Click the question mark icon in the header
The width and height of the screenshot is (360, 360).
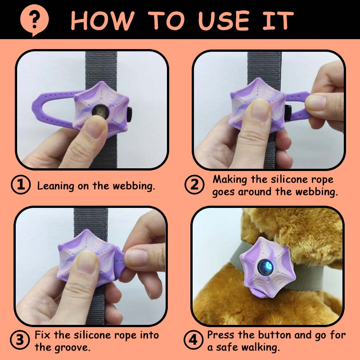tap(35, 20)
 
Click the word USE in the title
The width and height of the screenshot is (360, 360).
tap(224, 21)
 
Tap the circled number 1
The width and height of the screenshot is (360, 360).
tap(21, 185)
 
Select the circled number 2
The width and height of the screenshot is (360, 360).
tap(194, 185)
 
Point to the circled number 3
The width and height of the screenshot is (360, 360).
tap(20, 340)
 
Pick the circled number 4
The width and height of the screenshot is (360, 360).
tap(193, 340)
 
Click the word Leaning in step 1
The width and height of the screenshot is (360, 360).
tap(55, 186)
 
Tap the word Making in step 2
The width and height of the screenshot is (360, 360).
tap(230, 180)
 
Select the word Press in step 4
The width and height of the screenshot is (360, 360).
tap(221, 335)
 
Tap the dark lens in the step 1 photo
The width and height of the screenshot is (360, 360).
tap(100, 111)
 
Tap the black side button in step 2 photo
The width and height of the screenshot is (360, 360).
tap(288, 113)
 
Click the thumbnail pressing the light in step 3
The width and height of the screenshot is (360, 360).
tap(87, 262)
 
